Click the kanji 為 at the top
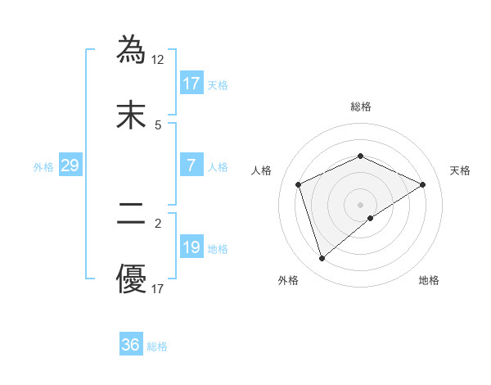133,48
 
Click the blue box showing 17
191,83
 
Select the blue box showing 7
191,165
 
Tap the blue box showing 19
191,247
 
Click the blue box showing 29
70,165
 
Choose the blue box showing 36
131,345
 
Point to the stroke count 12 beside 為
158,59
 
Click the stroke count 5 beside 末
158,125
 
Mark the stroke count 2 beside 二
158,221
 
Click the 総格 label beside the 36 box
157,346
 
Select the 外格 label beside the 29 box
43,167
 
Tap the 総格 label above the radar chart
360,106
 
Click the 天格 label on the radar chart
461,170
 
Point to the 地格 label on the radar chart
429,280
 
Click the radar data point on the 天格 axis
422,184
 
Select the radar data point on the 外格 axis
322,259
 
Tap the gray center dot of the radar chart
360,204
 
